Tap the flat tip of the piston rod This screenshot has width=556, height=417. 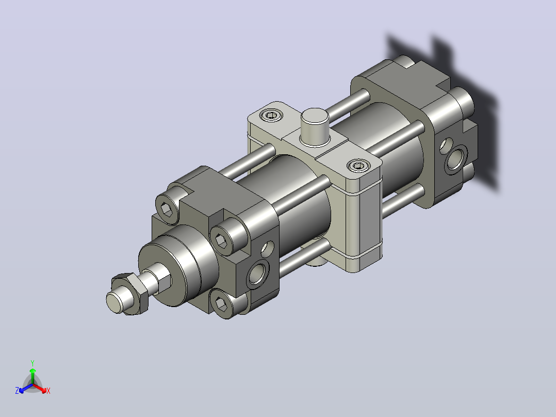pos(113,302)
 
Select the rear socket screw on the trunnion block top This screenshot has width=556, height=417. pos(271,115)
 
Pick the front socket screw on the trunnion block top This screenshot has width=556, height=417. pos(358,166)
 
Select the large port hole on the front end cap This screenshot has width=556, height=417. pos(258,272)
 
